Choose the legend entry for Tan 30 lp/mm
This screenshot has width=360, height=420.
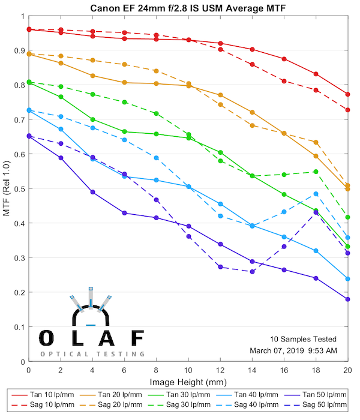182,395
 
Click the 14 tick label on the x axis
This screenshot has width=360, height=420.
252,371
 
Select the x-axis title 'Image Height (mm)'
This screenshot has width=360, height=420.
187,382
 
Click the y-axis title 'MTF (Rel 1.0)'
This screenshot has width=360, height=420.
7,189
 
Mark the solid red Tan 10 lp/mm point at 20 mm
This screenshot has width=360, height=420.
348,94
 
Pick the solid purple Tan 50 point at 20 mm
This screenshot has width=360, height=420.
348,299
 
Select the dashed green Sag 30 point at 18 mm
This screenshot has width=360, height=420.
316,172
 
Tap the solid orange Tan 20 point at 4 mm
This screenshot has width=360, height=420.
92,76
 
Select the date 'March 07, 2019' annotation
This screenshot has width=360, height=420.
279,350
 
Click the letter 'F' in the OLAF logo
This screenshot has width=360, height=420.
137,338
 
